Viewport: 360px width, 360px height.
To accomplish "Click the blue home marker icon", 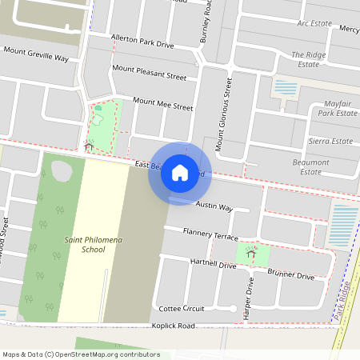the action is point(180,172).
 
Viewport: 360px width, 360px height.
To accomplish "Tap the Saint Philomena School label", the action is point(82,244).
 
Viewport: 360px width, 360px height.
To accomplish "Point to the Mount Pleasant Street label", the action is point(150,74).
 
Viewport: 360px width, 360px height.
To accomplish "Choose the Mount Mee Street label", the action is point(163,104).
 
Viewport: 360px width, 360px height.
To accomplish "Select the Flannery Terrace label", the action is point(210,234).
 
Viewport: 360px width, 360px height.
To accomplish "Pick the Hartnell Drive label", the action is point(213,263).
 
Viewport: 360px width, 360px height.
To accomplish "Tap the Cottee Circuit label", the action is point(182,308).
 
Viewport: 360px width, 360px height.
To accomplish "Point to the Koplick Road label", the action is point(174,326).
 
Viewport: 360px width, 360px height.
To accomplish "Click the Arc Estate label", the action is point(314,23).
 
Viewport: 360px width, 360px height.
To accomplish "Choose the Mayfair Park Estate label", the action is point(336,109).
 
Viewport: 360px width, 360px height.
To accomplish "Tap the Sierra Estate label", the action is point(330,141).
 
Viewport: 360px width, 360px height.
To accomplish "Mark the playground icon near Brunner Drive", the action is point(251,253).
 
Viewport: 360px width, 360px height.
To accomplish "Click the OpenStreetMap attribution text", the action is point(80,354).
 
